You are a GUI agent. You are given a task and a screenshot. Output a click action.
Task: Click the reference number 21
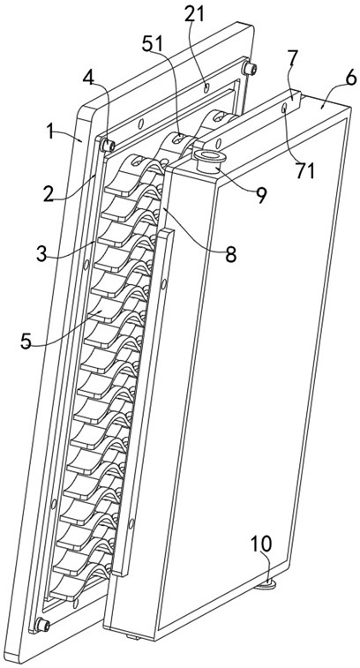click(194, 14)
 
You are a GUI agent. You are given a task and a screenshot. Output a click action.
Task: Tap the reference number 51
click(153, 45)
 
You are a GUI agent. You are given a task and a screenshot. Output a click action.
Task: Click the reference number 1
click(51, 132)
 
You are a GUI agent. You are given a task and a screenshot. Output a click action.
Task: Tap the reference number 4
click(88, 79)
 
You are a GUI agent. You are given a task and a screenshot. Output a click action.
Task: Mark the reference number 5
click(26, 342)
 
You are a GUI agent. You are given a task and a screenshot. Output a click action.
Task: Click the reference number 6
click(349, 79)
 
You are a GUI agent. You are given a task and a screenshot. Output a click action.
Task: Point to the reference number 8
click(230, 255)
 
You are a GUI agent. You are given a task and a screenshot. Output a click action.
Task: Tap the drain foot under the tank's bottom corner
click(265, 585)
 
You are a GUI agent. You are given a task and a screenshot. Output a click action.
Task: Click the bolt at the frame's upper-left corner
click(107, 146)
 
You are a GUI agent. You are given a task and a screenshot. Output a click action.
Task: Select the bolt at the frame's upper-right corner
click(249, 68)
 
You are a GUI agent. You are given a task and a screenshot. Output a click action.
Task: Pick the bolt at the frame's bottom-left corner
click(42, 625)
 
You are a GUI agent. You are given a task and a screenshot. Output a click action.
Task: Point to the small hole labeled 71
click(284, 109)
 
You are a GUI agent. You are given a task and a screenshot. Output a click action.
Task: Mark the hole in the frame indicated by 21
click(206, 88)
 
